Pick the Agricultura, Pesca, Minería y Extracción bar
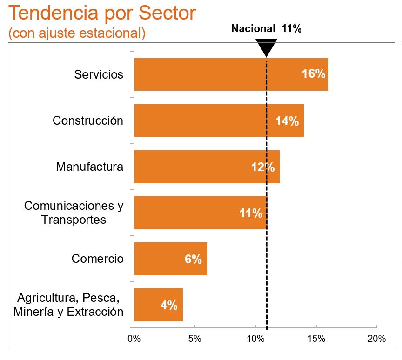pyautogui.click(x=149, y=305)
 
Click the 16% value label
pyautogui.click(x=313, y=74)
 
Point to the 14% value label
pyautogui.click(x=287, y=121)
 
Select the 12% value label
pyautogui.click(x=263, y=167)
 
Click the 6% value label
pyautogui.click(x=193, y=259)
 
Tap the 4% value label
pyautogui.click(x=169, y=305)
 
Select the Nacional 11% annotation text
pyautogui.click(x=267, y=29)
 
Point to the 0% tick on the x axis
pyautogui.click(x=134, y=339)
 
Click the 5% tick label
pyautogui.click(x=194, y=339)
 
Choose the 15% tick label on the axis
pyautogui.click(x=316, y=339)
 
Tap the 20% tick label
pyautogui.click(x=376, y=339)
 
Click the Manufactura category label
pyautogui.click(x=90, y=167)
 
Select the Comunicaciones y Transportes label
pyautogui.click(x=74, y=213)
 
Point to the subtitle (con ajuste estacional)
pyautogui.click(x=77, y=33)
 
